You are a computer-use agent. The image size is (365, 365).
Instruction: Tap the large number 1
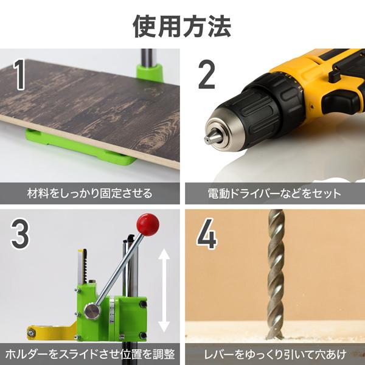tap(21, 75)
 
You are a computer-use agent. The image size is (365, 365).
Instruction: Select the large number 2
tap(207, 75)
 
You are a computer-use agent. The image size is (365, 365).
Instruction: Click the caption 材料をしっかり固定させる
tap(90, 193)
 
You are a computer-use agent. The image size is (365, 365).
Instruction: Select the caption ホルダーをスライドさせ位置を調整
tap(91, 353)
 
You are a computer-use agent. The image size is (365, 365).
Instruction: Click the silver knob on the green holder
tap(92, 311)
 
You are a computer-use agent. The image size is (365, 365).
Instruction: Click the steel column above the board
tap(146, 58)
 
